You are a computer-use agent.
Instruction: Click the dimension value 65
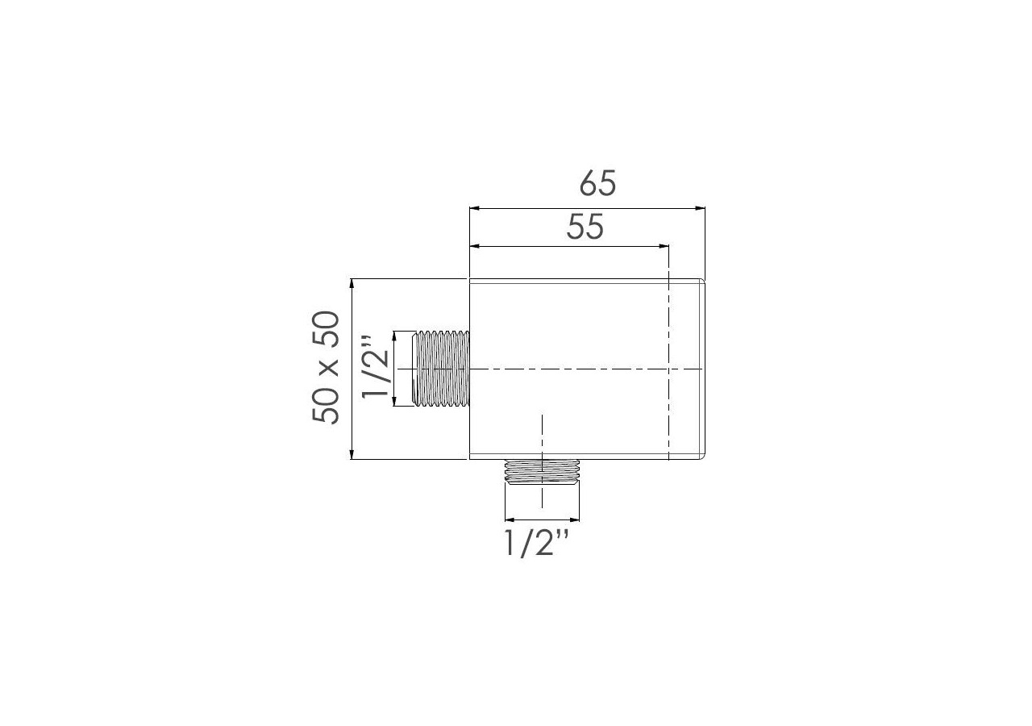597,184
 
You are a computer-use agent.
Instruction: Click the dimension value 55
585,227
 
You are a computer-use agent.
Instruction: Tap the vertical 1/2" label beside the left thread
377,369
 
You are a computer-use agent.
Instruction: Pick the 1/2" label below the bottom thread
537,544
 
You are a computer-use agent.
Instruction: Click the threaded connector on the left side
440,369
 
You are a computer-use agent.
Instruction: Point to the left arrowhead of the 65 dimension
475,208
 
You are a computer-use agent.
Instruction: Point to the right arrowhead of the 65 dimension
701,208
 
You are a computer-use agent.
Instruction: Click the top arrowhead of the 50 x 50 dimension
352,283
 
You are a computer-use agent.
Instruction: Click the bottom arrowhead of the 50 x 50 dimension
352,455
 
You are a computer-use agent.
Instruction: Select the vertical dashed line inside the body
669,403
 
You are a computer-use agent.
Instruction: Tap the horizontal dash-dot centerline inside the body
580,369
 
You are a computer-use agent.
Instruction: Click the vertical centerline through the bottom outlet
543,436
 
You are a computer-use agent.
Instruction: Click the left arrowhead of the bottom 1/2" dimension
508,519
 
